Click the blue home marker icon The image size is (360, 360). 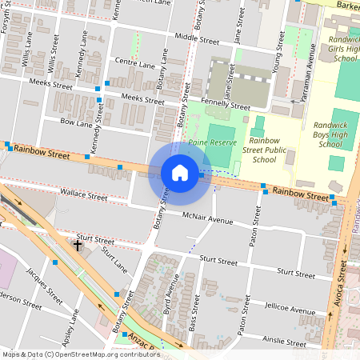coord(180,173)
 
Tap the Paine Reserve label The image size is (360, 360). coord(213,143)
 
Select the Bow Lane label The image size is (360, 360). coord(77,122)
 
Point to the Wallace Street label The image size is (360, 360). coord(84,195)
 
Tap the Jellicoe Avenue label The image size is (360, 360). coord(291,309)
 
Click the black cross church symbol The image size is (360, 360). coord(78,244)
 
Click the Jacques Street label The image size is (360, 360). coord(44,285)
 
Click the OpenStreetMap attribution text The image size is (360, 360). coord(81,354)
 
